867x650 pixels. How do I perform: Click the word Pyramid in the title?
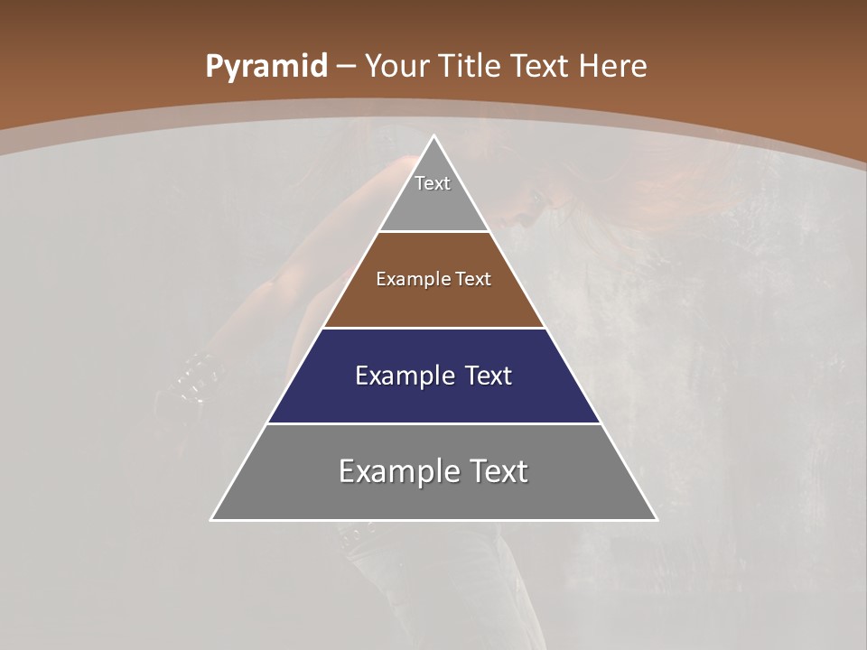[266, 67]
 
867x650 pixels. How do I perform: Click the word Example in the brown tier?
[406, 280]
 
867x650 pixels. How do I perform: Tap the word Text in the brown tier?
[473, 280]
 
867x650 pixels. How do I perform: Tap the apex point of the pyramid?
[434, 136]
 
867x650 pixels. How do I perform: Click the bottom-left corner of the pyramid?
[211, 520]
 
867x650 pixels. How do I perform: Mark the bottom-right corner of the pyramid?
[657, 520]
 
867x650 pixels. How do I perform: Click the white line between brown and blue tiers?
[433, 328]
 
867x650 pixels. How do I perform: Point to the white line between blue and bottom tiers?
[433, 423]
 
